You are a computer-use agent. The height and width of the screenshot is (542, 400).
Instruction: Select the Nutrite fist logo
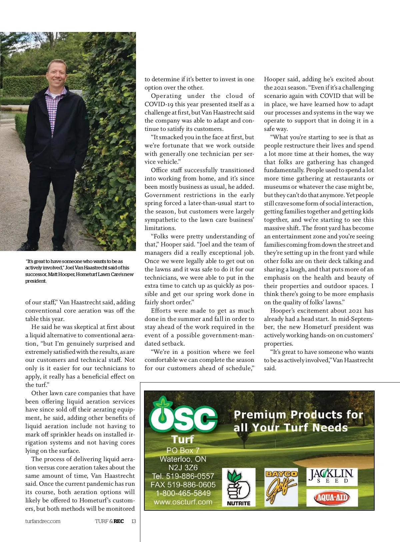pos(239,487)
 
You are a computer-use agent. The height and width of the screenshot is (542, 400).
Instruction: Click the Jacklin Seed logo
pos(332,476)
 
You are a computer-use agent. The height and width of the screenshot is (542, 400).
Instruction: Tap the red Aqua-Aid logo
pos(332,498)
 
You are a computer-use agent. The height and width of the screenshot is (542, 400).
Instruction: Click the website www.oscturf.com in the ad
pos(183,502)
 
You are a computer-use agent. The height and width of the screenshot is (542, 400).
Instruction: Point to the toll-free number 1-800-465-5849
pos(183,493)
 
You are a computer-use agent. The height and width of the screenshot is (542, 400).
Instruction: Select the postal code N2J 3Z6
pos(183,468)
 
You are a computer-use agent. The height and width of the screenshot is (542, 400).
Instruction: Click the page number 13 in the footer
pos(134,521)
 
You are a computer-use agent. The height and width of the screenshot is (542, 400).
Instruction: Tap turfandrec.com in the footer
pos(43,521)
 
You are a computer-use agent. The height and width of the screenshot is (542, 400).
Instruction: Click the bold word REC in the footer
pos(119,521)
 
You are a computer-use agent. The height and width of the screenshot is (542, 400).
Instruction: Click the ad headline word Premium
pos(260,415)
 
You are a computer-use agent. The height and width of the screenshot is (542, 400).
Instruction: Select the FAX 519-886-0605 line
pos(183,485)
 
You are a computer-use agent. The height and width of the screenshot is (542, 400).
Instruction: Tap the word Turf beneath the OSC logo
pos(183,439)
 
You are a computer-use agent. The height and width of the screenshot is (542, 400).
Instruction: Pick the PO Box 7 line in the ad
pos(183,450)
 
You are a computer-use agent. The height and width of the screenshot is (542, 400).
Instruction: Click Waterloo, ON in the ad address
pos(183,459)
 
